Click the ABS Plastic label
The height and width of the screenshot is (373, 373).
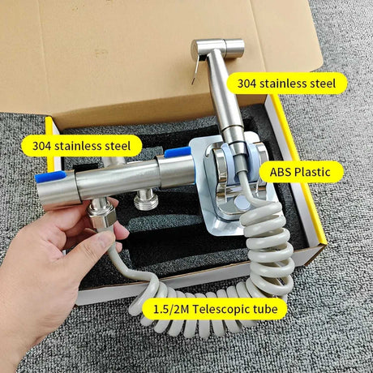(301, 172)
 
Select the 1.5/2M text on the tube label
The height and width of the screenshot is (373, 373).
(171, 309)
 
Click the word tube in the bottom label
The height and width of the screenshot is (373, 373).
(265, 309)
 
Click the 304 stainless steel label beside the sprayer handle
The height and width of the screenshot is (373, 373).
(287, 83)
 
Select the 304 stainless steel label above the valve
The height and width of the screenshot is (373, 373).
(82, 146)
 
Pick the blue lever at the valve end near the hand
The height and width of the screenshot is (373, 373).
(50, 176)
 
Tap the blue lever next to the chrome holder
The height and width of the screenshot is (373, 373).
(178, 152)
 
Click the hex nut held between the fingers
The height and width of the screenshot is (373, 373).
(102, 217)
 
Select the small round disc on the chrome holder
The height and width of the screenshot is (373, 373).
(242, 203)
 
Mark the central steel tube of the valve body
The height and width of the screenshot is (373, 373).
(117, 178)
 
